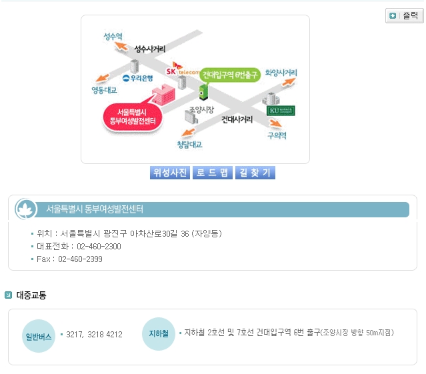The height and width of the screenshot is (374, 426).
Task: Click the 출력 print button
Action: [x=404, y=15]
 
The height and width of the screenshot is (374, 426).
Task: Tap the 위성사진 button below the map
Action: [x=170, y=173]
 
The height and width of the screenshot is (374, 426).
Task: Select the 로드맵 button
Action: [x=212, y=173]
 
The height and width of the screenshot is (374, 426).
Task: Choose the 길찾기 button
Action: [x=254, y=173]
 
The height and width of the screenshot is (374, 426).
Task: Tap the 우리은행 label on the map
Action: [x=138, y=78]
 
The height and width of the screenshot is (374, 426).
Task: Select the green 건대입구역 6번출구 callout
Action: [x=229, y=75]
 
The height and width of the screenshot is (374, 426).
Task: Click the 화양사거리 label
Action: [x=281, y=72]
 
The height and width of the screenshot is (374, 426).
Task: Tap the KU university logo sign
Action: [x=280, y=110]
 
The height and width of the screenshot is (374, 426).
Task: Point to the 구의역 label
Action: [x=277, y=135]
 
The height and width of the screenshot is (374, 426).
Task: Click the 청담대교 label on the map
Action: [x=189, y=144]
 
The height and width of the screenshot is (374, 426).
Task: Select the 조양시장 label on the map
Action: [x=201, y=108]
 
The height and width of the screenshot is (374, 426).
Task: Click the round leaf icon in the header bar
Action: [x=26, y=209]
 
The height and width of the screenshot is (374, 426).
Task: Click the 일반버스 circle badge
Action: [x=39, y=337]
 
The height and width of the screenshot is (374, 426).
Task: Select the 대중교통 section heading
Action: [x=31, y=295]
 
